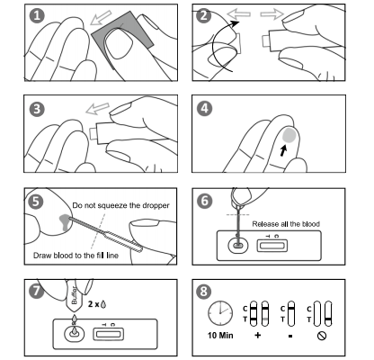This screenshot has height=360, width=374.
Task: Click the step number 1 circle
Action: pos(37,15)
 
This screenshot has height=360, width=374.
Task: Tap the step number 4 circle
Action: pos(204,109)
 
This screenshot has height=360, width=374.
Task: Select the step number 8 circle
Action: pos(204,291)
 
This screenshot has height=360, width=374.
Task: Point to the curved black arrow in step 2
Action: pos(213,45)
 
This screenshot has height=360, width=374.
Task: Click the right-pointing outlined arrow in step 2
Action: pos(272,14)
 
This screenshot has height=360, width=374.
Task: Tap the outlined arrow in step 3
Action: pos(97,108)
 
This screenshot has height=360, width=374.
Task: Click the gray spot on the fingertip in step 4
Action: pos(289,135)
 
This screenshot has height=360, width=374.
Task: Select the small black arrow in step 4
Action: pos(283,150)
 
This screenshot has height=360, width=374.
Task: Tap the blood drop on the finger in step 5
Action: pos(65,221)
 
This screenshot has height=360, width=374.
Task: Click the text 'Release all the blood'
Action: pos(286,224)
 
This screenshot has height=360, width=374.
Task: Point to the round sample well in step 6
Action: pos(238,247)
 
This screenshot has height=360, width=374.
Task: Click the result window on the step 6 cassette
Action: pos(272,246)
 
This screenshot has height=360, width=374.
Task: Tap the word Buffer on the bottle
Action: pos(74,295)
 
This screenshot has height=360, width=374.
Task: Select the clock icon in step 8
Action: pos(220,313)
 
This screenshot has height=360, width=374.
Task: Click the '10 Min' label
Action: pos(220,335)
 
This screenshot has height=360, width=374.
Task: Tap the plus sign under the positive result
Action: pos(257,335)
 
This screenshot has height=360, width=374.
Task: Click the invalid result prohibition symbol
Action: pos(322,336)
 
